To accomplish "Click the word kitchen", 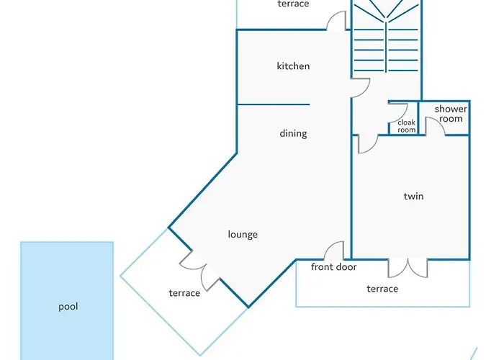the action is point(293,66).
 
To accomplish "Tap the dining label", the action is point(293,133).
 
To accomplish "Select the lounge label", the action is point(243,234).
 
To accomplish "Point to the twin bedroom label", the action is point(413,196).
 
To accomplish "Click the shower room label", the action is point(451,114).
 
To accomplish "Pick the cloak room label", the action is point(407,126).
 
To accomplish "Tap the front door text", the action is point(333,267).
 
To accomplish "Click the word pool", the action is point(68,307).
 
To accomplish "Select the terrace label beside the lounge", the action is point(184,293).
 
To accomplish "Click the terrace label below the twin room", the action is point(382,289).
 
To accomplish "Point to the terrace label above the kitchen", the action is point(293,4).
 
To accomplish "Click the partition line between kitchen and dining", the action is point(273,104).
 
